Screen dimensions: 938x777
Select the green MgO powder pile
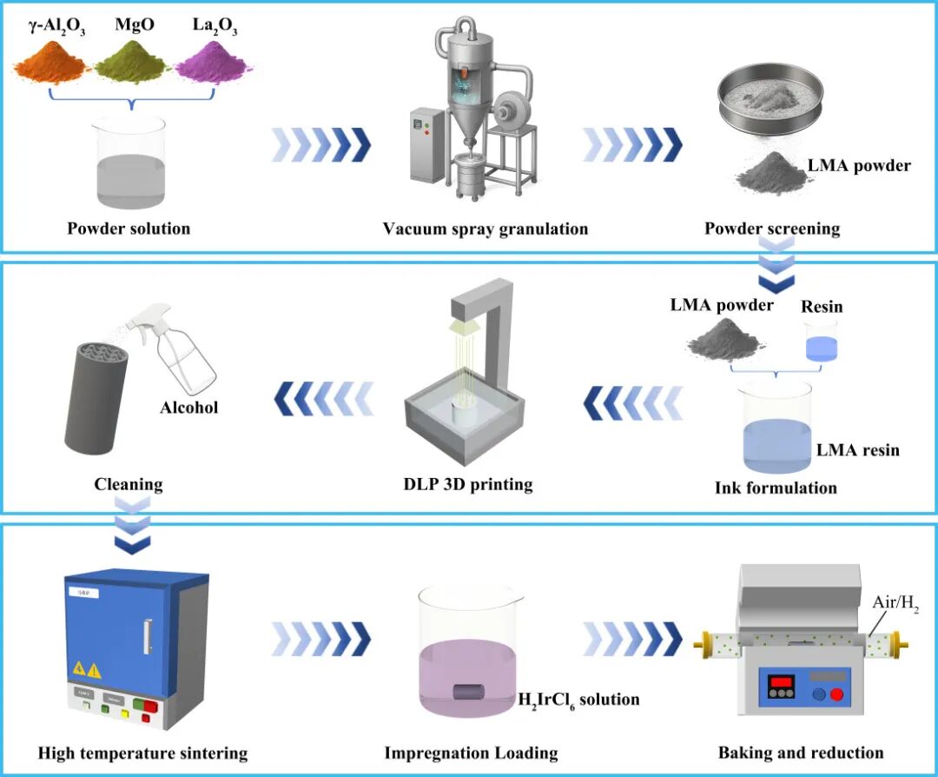click(134, 61)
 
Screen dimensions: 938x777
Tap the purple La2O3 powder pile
click(214, 61)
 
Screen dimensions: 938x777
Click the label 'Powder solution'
click(129, 228)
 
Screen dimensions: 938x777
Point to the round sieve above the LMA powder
click(770, 96)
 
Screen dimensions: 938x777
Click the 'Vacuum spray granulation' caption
click(486, 229)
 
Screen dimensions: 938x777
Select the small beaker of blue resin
click(821, 342)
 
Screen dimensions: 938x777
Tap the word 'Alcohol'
click(189, 408)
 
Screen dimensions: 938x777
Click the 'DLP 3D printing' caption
click(468, 484)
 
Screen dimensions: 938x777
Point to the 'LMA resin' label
click(858, 449)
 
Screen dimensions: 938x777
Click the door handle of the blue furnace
click(147, 637)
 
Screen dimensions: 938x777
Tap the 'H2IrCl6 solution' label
click(578, 700)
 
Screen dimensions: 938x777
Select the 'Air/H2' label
click(895, 602)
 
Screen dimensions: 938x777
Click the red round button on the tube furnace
click(837, 694)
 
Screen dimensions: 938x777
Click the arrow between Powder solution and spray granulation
click(321, 145)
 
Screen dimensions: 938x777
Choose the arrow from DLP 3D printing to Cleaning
click(324, 399)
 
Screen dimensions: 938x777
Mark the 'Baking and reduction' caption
click(801, 753)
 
